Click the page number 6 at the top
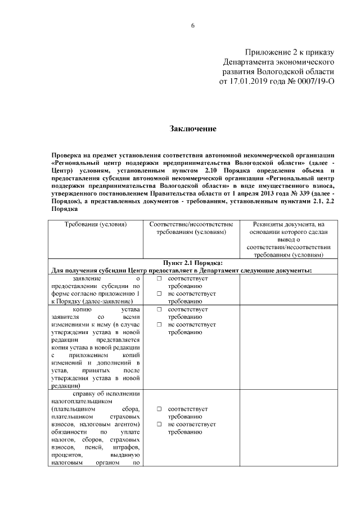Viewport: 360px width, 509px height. tap(192, 25)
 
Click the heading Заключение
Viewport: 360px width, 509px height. tap(193, 129)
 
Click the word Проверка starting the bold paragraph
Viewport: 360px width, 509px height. tap(66, 154)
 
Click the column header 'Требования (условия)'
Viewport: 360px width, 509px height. tap(95, 225)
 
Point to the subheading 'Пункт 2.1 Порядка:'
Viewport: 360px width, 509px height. tap(193, 263)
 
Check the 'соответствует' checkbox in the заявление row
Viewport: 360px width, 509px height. tap(159, 278)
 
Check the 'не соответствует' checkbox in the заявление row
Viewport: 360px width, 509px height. tap(159, 294)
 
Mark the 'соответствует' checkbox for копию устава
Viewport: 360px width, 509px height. tap(159, 309)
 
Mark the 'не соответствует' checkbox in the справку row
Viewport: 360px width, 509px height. tap(159, 424)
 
